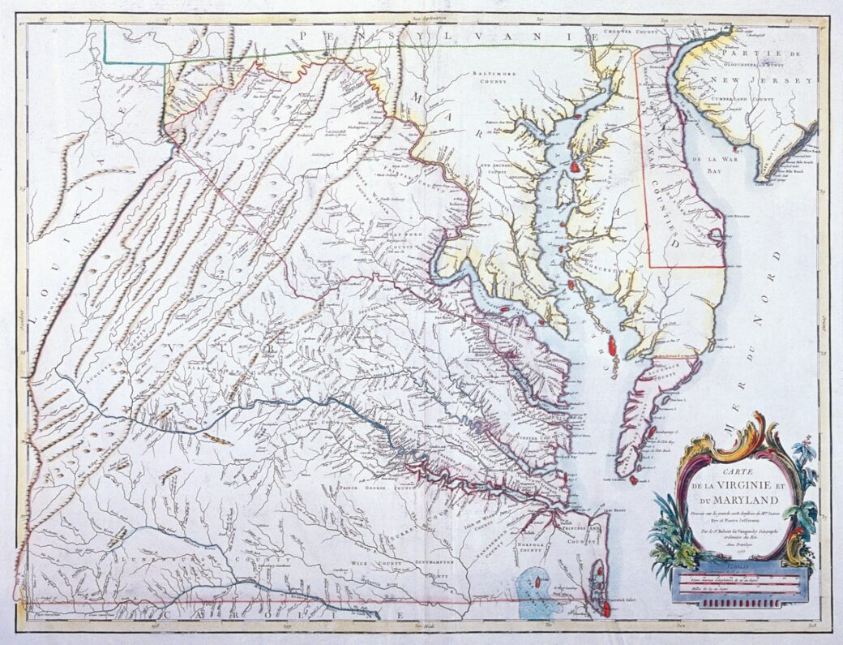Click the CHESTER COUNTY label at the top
pyautogui.click(x=632, y=34)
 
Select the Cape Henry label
pyautogui.click(x=614, y=510)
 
